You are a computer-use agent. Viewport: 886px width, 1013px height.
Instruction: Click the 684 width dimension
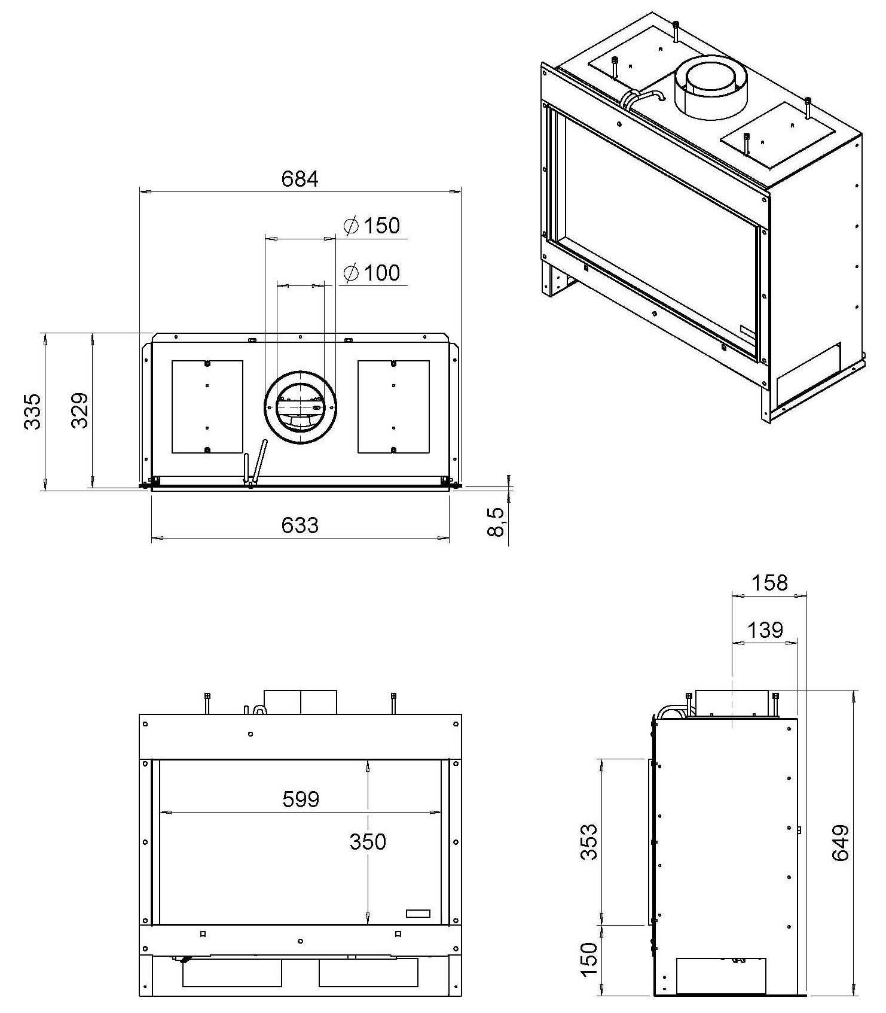300,178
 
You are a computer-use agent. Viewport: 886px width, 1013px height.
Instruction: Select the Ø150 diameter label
372,226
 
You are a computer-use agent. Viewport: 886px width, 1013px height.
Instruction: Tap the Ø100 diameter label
372,273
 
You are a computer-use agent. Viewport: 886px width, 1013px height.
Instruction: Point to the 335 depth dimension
32,411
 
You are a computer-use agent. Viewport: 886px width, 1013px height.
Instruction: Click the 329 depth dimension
80,410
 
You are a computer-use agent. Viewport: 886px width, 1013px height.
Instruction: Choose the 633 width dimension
300,525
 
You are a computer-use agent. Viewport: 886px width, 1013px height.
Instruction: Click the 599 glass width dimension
301,799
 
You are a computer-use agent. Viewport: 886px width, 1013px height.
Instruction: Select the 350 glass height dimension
368,842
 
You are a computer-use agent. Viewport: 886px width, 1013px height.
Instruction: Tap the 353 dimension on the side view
589,842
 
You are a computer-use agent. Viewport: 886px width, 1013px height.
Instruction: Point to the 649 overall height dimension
841,843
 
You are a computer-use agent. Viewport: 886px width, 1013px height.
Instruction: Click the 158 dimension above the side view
769,583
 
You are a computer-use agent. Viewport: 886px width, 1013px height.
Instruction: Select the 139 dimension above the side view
765,630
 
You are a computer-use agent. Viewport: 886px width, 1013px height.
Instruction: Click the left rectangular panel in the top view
207,407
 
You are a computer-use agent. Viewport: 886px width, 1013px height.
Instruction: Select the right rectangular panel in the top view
393,407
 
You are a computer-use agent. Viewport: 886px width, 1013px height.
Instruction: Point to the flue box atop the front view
300,702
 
